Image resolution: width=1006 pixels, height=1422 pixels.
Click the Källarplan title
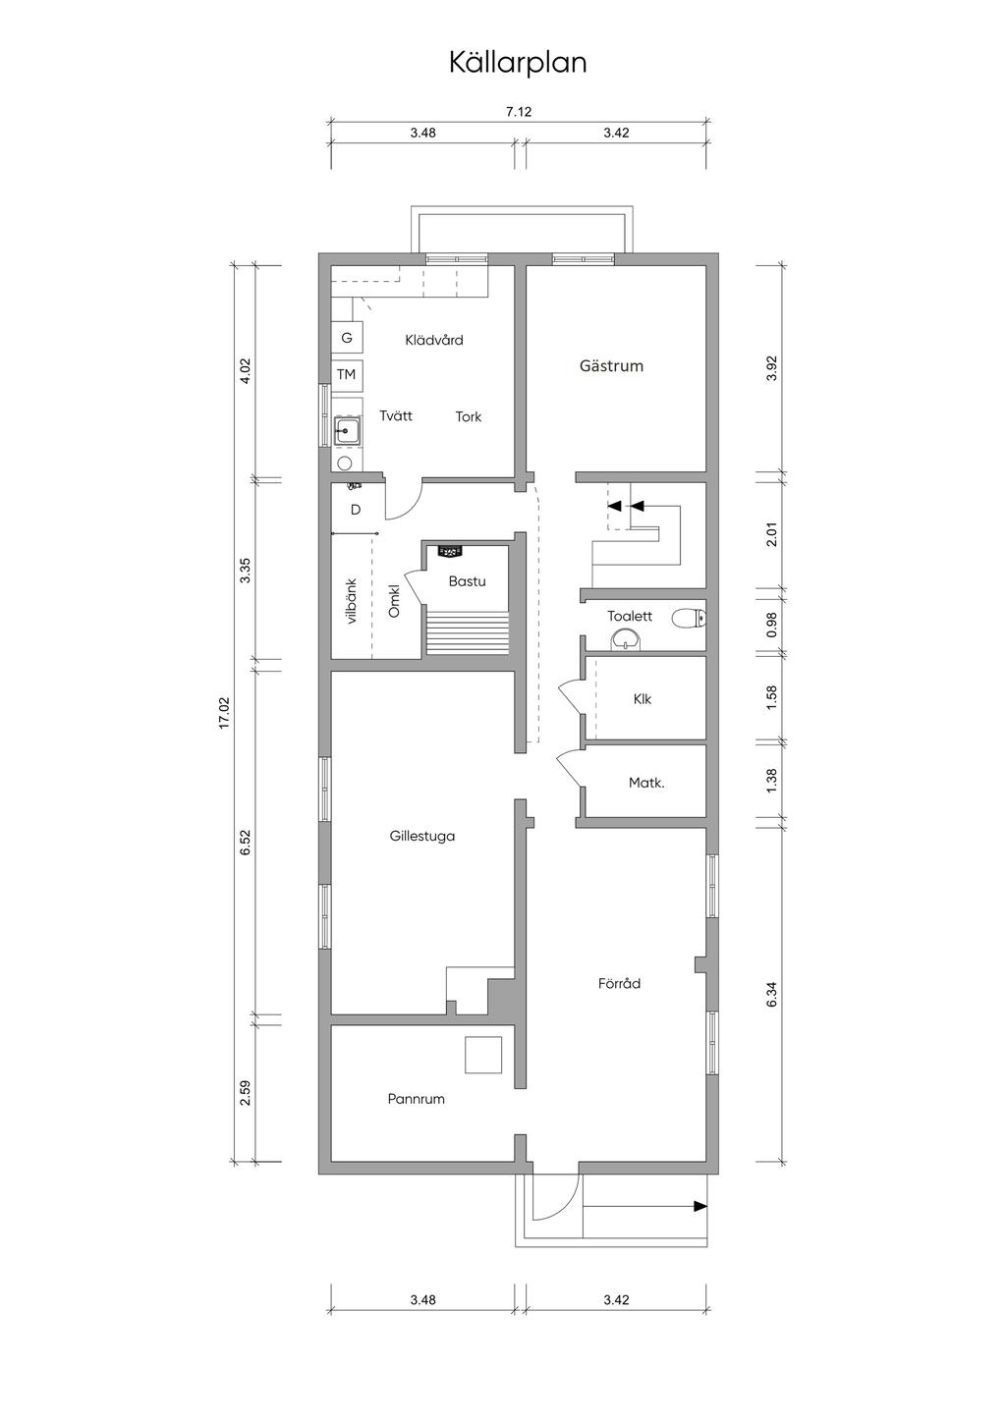518,64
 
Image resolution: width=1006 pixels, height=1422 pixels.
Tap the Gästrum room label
611,365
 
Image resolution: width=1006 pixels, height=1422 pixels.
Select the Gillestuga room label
422,836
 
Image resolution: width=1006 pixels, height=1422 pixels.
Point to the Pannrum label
416,1098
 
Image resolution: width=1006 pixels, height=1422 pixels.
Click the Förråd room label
619,983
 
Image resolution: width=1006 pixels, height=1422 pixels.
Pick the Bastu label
467,580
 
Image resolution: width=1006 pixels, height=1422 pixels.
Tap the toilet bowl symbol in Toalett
689,617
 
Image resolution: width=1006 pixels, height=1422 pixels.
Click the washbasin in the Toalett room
627,640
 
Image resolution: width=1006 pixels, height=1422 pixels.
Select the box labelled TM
347,374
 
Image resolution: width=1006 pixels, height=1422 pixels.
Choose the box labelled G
347,338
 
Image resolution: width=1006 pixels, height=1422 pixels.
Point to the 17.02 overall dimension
224,712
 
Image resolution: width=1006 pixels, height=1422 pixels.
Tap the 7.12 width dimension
519,112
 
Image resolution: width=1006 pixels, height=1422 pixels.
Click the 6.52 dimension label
246,842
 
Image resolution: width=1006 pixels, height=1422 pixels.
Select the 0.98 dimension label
771,625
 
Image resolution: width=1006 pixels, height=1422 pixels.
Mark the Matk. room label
646,783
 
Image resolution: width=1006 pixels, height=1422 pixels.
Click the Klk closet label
643,699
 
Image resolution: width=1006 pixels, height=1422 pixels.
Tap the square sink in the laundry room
347,432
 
